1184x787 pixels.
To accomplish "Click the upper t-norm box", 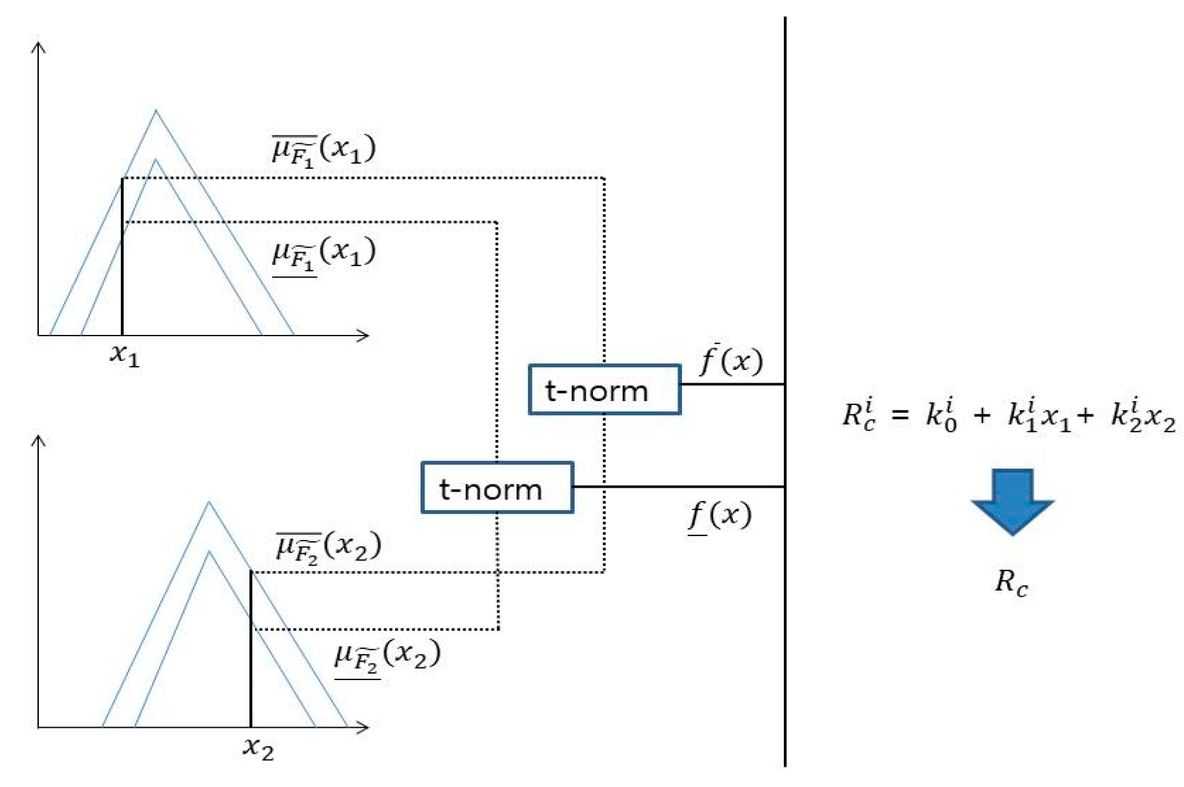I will click(604, 390).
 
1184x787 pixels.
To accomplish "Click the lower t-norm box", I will click(497, 488).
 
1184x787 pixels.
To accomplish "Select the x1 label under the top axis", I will click(124, 355).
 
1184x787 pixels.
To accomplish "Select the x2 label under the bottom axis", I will click(258, 748).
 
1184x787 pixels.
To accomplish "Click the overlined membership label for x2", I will click(328, 547).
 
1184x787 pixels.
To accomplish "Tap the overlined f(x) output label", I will click(730, 361).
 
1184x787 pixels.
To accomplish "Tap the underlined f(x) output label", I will click(720, 515).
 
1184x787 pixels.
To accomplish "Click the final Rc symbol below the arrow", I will click(1011, 583).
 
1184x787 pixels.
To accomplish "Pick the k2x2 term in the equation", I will click(1143, 415).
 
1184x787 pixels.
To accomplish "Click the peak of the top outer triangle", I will click(156, 111).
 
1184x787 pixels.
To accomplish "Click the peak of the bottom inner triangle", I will click(209, 552).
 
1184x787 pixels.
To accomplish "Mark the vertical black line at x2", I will click(251, 649).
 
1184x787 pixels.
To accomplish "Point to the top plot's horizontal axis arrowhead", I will click(365, 335).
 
